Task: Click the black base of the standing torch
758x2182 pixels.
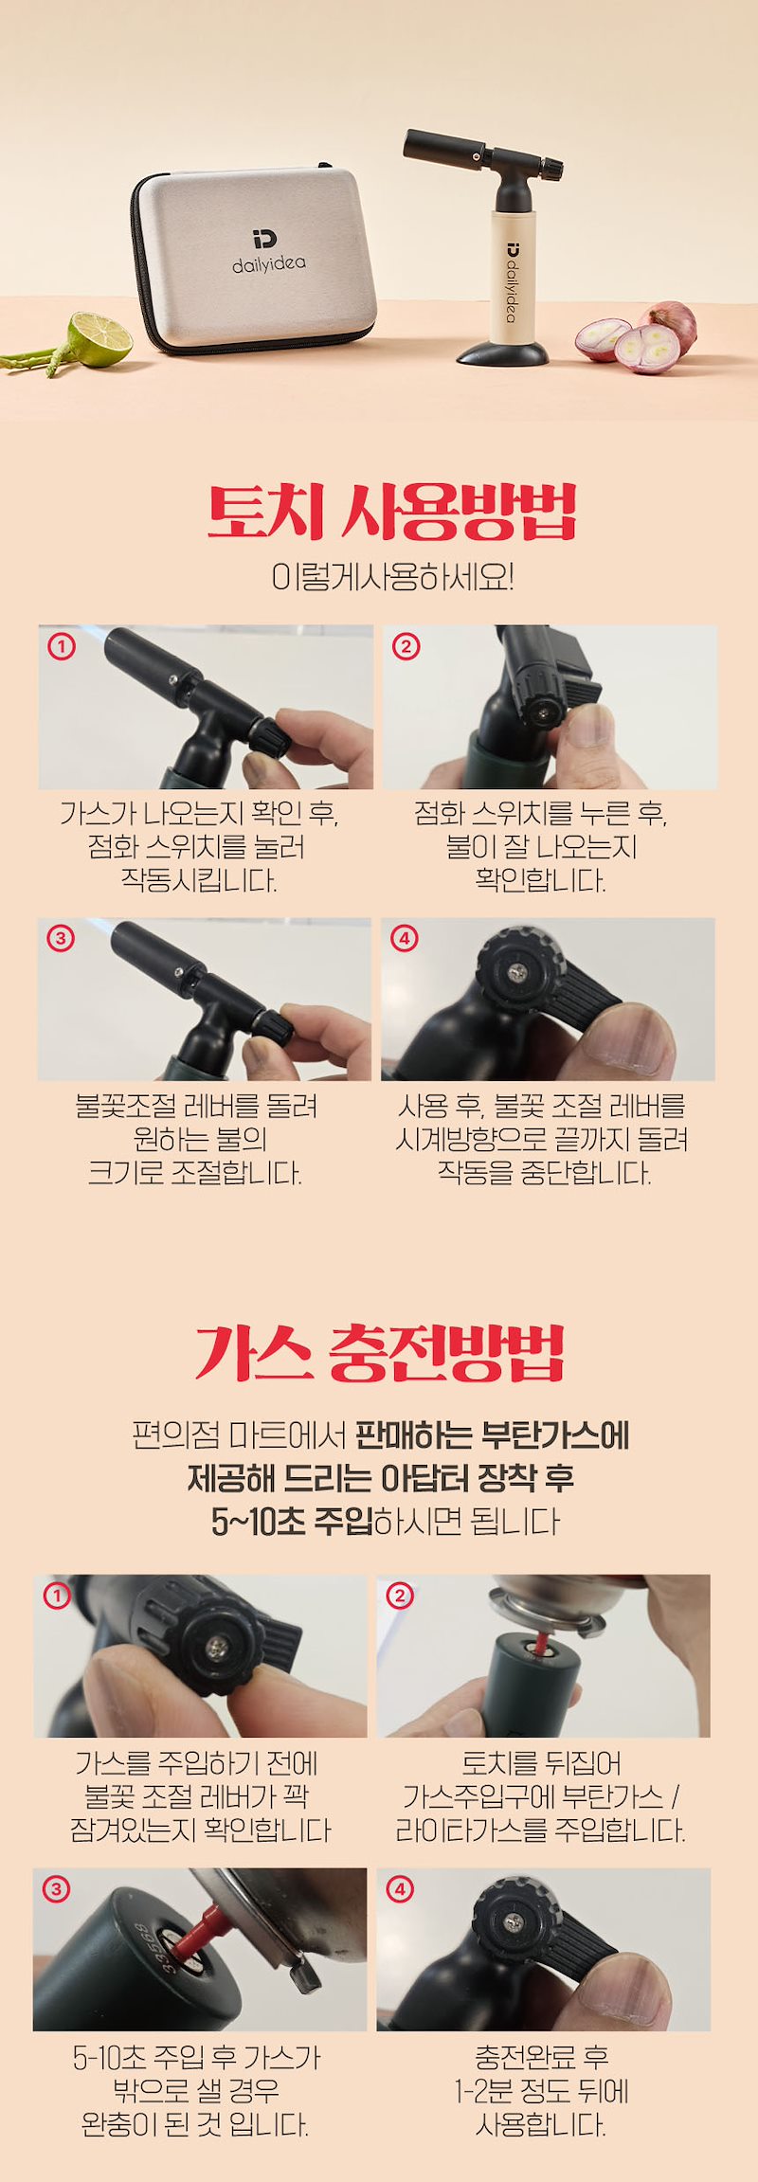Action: click(503, 354)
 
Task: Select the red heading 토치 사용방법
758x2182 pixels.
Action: click(391, 513)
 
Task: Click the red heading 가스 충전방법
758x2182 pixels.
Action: click(379, 1353)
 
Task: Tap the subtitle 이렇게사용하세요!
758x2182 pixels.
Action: click(392, 576)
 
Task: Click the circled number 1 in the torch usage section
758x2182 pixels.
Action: click(62, 647)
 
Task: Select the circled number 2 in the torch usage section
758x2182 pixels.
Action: click(406, 647)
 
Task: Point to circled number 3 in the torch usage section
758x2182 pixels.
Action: click(61, 939)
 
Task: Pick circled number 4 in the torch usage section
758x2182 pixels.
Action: click(405, 939)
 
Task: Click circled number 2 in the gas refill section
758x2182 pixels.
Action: click(400, 1596)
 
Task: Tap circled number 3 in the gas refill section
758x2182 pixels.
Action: click(56, 1889)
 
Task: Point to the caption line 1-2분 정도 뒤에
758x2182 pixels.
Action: click(541, 2090)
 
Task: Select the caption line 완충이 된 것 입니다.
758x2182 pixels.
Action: click(195, 2124)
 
